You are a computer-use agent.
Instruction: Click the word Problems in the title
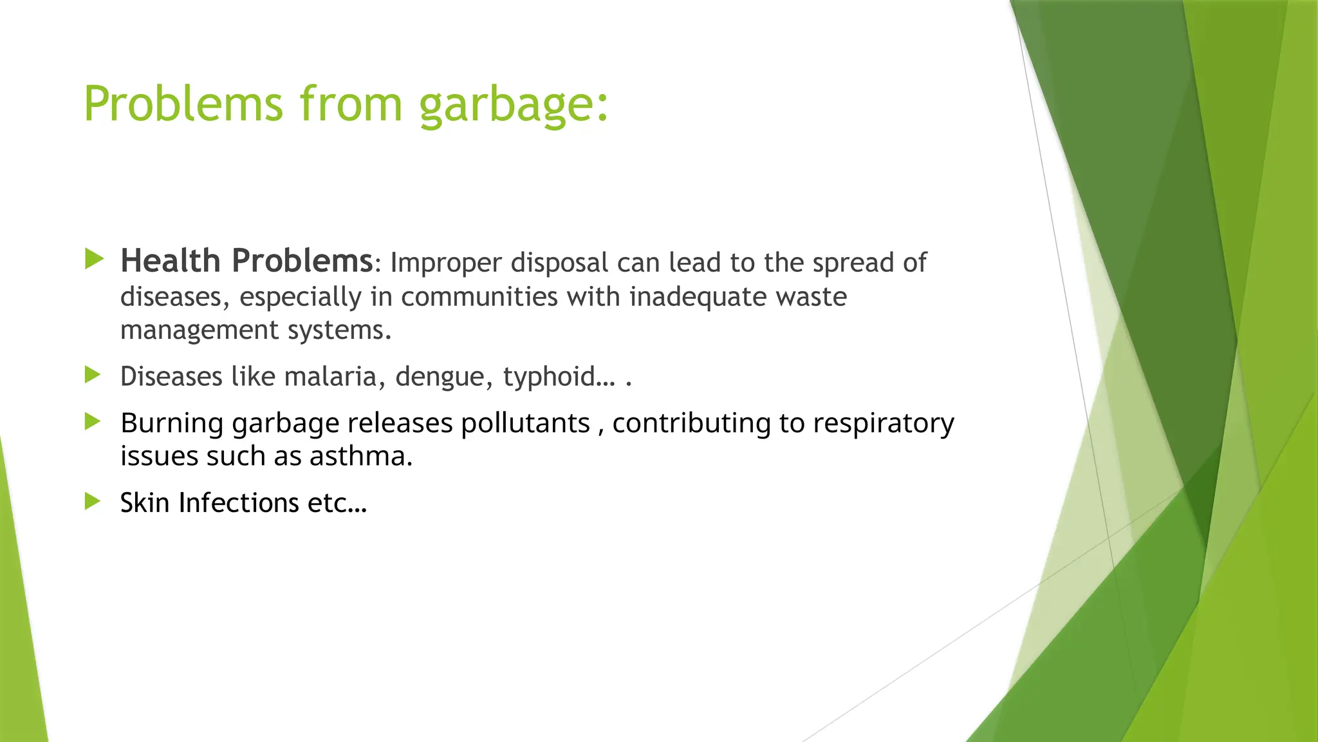tap(183, 104)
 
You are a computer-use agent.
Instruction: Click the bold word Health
tap(171, 261)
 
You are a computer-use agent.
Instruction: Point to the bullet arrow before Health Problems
tap(94, 260)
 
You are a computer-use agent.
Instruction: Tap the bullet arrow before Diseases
tap(93, 375)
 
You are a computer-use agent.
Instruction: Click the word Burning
tap(172, 424)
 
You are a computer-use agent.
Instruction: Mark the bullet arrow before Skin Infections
tap(93, 501)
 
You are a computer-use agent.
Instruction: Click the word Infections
tap(238, 503)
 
